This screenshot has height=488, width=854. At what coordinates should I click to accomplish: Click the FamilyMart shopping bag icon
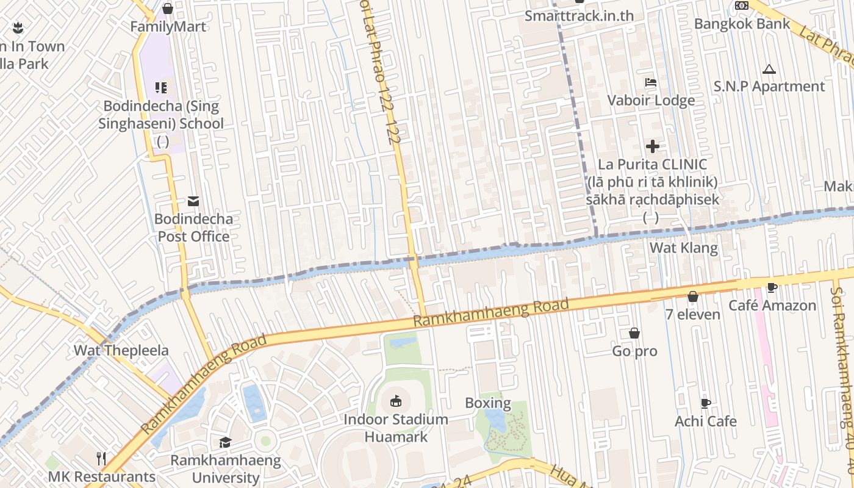(x=168, y=9)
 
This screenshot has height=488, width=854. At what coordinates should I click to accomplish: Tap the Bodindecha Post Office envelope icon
(x=193, y=201)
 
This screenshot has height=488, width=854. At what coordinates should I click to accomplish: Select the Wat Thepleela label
(x=121, y=351)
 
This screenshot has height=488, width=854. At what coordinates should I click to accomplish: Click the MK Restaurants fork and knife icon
(x=102, y=458)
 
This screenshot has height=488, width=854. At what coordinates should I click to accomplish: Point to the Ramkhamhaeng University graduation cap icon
(x=226, y=442)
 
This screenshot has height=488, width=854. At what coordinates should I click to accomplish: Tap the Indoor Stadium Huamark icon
(x=396, y=401)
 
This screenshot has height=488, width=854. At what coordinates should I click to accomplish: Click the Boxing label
(x=487, y=403)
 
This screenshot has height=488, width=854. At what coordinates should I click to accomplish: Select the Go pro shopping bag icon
(x=634, y=333)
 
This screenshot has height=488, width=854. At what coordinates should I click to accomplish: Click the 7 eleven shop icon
(x=693, y=296)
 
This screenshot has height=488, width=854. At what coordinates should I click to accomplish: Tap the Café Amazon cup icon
(x=772, y=287)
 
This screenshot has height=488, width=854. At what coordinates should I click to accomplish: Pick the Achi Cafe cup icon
(x=706, y=403)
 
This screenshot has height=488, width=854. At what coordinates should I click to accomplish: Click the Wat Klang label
(x=683, y=248)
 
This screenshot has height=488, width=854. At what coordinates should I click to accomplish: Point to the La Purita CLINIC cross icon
(x=653, y=146)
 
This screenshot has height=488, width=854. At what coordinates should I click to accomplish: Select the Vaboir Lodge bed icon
(x=651, y=82)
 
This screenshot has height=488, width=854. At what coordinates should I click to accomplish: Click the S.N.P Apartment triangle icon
(x=769, y=69)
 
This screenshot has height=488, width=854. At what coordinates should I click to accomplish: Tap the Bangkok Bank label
(x=742, y=24)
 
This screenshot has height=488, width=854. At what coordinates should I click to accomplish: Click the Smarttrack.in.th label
(x=579, y=16)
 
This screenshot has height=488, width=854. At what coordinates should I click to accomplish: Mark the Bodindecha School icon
(x=161, y=88)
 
